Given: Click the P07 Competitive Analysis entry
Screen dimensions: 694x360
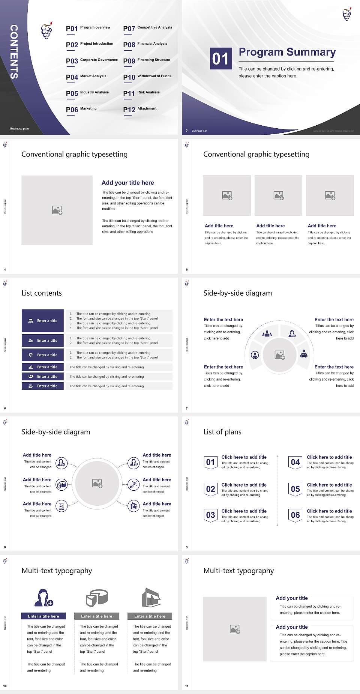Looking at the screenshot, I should (x=147, y=28).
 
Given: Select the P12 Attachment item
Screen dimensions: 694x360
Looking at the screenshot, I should (x=140, y=109).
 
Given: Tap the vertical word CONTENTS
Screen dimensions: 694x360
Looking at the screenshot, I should (x=14, y=52).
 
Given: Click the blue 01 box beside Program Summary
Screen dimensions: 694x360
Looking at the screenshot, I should (x=220, y=59).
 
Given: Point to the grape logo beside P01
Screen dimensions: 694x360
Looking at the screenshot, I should (x=46, y=31).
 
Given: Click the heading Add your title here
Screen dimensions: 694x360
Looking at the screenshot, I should (x=127, y=183).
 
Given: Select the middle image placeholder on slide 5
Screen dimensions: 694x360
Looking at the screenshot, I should (x=278, y=195).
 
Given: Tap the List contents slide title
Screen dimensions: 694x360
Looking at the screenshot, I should (x=42, y=293).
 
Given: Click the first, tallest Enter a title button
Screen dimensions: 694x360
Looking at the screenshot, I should (x=43, y=321).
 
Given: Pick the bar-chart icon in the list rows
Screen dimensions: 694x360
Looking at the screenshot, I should (x=31, y=367).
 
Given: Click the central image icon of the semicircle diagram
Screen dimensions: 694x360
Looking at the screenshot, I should (x=280, y=355).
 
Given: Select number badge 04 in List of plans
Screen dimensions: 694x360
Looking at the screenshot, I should (x=295, y=463).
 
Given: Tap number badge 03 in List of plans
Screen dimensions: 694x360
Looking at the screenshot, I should (x=210, y=515).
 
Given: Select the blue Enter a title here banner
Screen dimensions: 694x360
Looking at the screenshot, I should (x=43, y=616).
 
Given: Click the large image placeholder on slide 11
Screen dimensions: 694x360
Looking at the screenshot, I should (x=235, y=629).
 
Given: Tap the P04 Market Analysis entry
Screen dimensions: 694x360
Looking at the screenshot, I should (x=86, y=77).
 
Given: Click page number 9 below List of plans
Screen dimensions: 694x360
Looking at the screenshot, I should (x=187, y=547).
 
